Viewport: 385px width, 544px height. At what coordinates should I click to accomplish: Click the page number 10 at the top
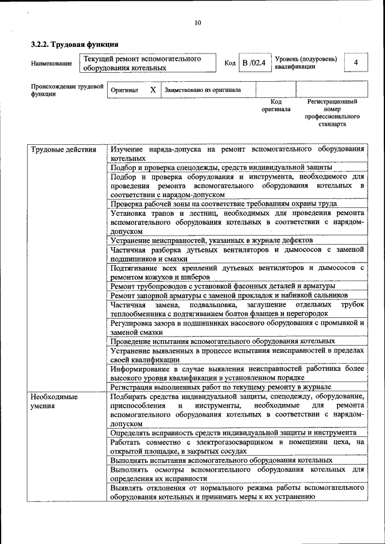tap(197, 23)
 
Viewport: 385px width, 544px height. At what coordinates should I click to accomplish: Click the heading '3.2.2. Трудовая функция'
tap(75, 44)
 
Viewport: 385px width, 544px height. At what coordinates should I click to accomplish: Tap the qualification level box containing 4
tap(356, 63)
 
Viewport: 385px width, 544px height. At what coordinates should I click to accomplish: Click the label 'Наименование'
tap(51, 64)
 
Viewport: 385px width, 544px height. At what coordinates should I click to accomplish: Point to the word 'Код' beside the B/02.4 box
tap(230, 63)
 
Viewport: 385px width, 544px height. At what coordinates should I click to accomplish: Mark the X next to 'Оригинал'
tap(153, 90)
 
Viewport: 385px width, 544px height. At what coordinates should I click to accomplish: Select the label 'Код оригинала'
tap(276, 106)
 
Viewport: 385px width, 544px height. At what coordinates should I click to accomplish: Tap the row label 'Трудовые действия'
tap(63, 150)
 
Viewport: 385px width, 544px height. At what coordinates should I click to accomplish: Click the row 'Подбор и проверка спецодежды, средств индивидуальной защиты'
tap(223, 168)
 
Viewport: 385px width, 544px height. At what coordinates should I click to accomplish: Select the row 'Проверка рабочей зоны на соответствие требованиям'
tap(223, 204)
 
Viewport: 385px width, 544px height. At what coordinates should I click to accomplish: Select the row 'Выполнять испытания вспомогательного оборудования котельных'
tap(221, 460)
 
